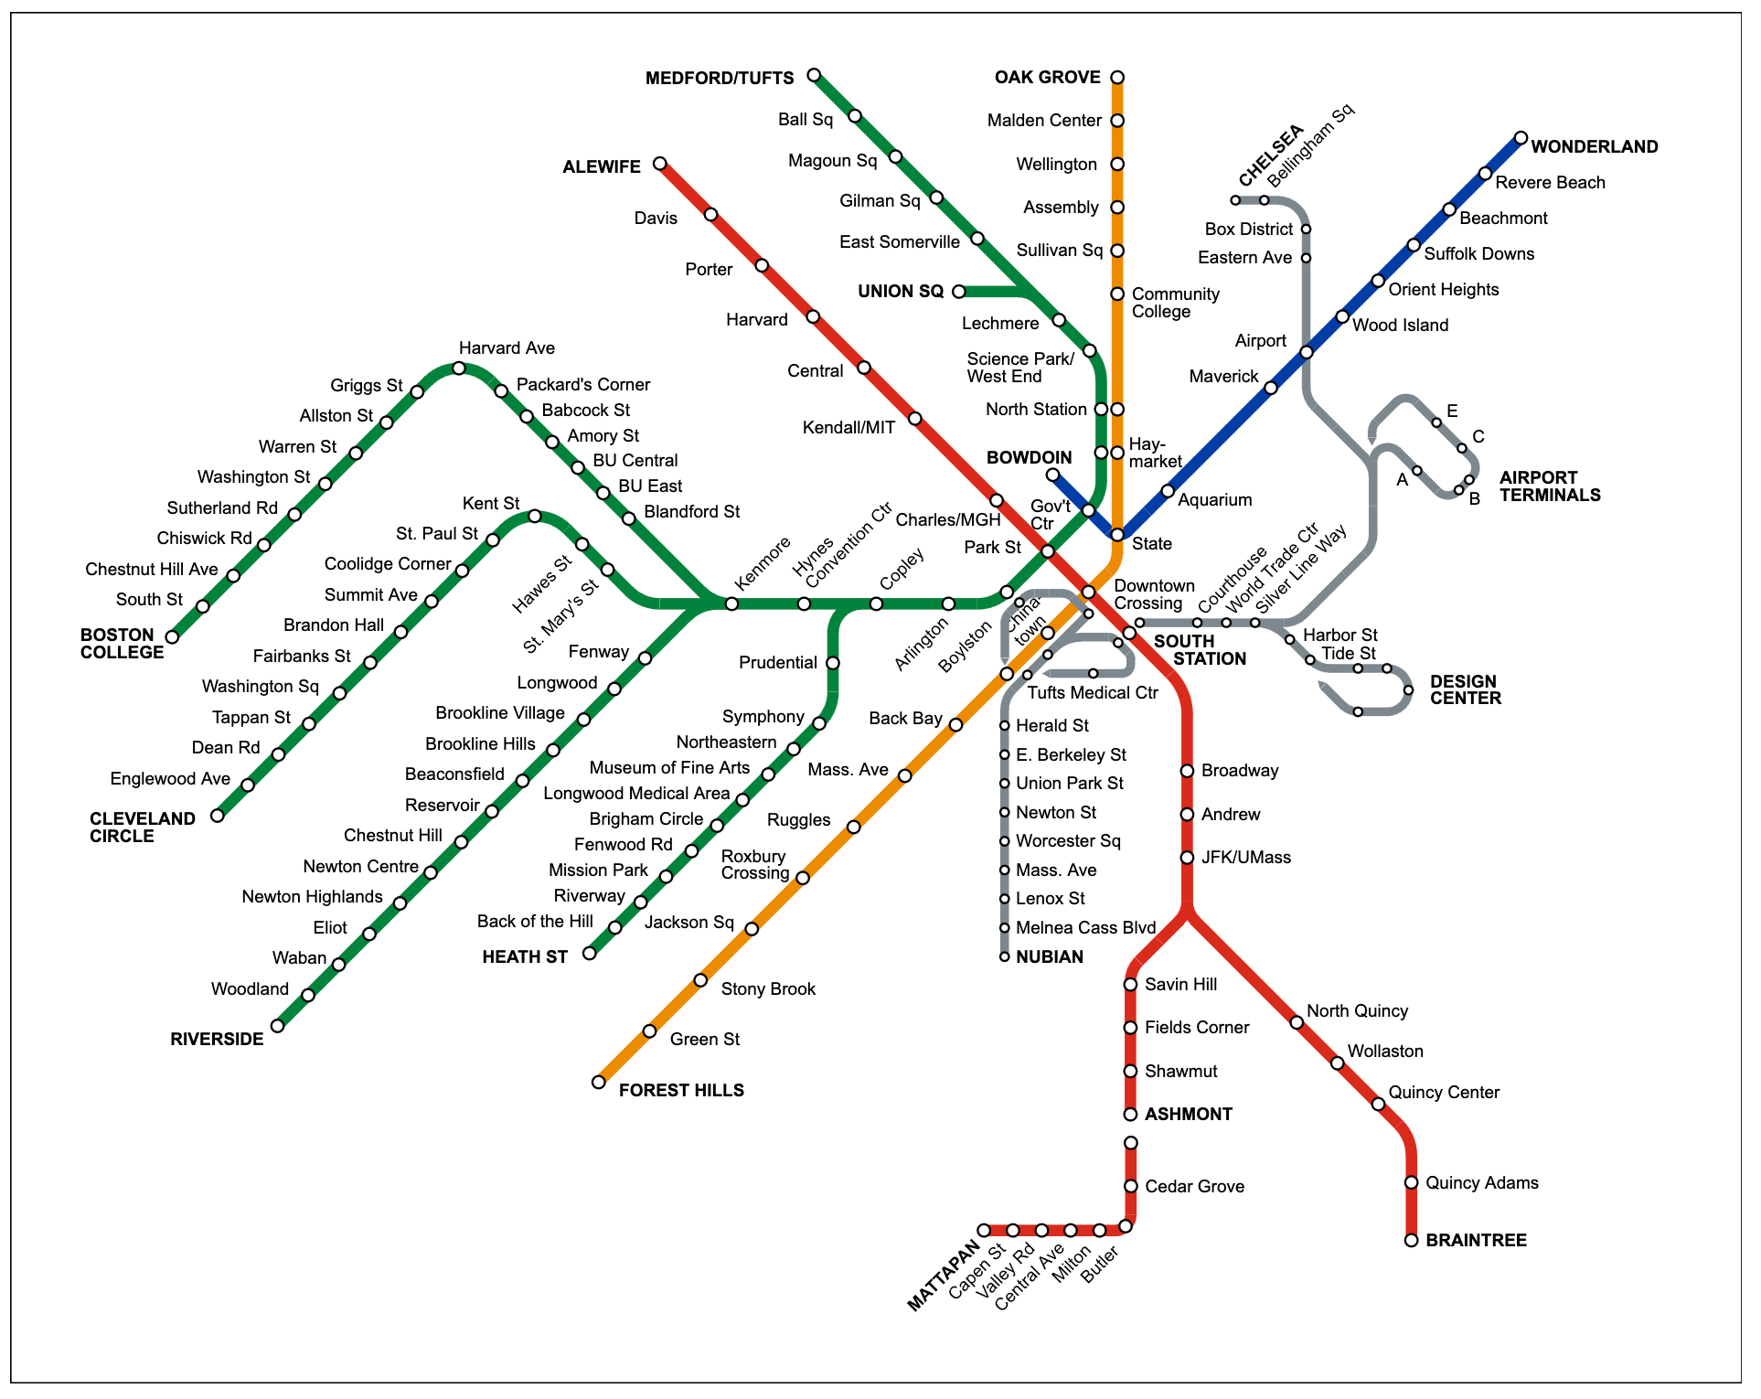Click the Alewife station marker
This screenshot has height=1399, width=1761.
click(660, 165)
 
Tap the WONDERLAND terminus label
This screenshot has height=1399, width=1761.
click(1594, 146)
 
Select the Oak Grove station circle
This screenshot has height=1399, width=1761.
click(1117, 78)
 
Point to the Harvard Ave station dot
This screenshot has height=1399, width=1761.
click(459, 368)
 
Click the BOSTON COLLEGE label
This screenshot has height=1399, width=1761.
click(122, 644)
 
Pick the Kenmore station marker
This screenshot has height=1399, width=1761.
click(731, 603)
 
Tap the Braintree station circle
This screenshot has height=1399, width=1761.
click(1411, 1241)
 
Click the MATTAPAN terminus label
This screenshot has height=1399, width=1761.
click(943, 1276)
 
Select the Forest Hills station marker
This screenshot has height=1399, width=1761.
click(599, 1083)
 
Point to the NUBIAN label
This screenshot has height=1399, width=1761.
click(1049, 957)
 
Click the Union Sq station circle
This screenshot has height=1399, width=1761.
click(959, 292)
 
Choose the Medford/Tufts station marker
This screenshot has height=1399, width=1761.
click(814, 75)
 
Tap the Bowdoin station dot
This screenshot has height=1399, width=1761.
click(1052, 475)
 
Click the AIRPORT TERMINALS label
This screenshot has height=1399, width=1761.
click(1550, 486)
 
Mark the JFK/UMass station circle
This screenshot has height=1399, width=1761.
click(1187, 858)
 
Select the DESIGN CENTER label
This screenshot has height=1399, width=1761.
click(1465, 689)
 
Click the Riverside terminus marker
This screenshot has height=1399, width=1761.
click(277, 1026)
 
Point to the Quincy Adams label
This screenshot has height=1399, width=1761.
click(1481, 1183)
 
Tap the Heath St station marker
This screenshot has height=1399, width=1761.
click(590, 954)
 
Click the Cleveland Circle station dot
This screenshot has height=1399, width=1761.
click(218, 816)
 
